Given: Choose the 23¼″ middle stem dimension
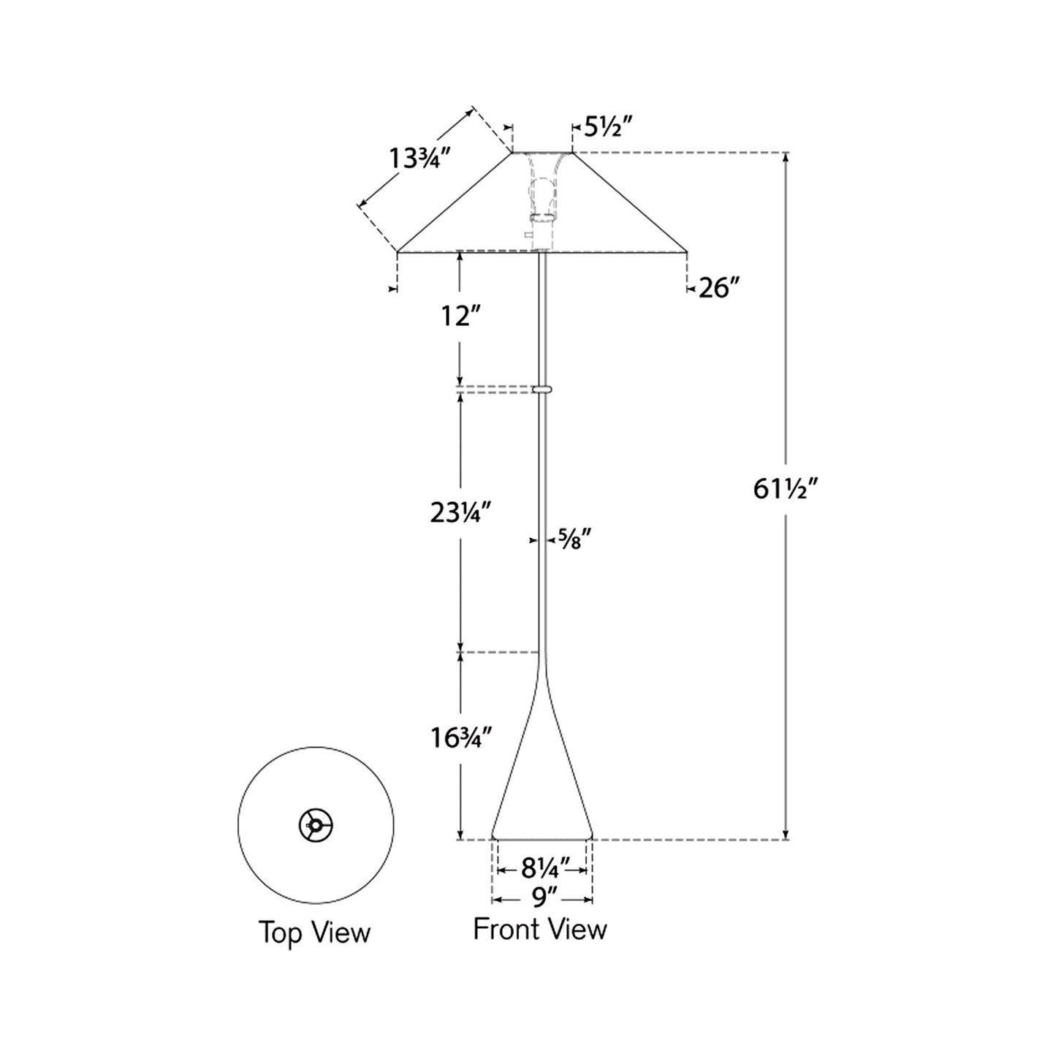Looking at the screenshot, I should pyautogui.click(x=459, y=513).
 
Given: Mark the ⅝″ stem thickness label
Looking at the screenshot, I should pyautogui.click(x=574, y=539).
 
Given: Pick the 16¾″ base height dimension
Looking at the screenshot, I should pyautogui.click(x=459, y=738).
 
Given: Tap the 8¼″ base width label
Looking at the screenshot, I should pyautogui.click(x=542, y=868).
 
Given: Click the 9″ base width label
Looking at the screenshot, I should pyautogui.click(x=542, y=894).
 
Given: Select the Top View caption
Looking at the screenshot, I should pyautogui.click(x=314, y=932).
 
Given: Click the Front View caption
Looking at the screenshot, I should pyautogui.click(x=539, y=929).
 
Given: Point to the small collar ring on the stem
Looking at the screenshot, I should pyautogui.click(x=542, y=390).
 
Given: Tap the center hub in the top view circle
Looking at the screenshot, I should pyautogui.click(x=316, y=826).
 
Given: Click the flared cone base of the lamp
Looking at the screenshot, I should pyautogui.click(x=542, y=789).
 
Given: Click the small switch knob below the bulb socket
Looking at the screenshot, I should pyautogui.click(x=528, y=235).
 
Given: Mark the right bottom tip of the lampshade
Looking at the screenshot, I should pyautogui.click(x=685, y=252).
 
